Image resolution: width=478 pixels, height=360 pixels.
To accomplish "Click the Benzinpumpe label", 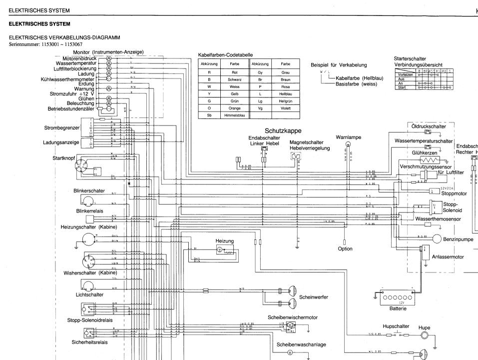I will (458, 239).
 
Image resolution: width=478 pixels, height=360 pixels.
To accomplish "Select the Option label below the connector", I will (345, 248).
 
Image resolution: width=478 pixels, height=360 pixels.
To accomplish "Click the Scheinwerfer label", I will (313, 297).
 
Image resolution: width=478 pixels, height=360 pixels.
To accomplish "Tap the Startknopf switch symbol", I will (86, 166).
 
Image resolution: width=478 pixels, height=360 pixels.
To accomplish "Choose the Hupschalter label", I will (396, 326).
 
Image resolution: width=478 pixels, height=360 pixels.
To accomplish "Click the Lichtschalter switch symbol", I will (88, 286).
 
